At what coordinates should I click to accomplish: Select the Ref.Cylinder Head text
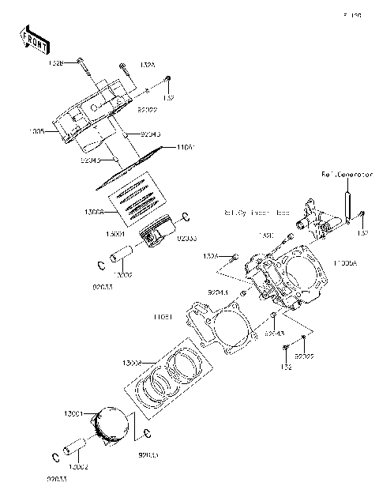pyautogui.click(x=256, y=213)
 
